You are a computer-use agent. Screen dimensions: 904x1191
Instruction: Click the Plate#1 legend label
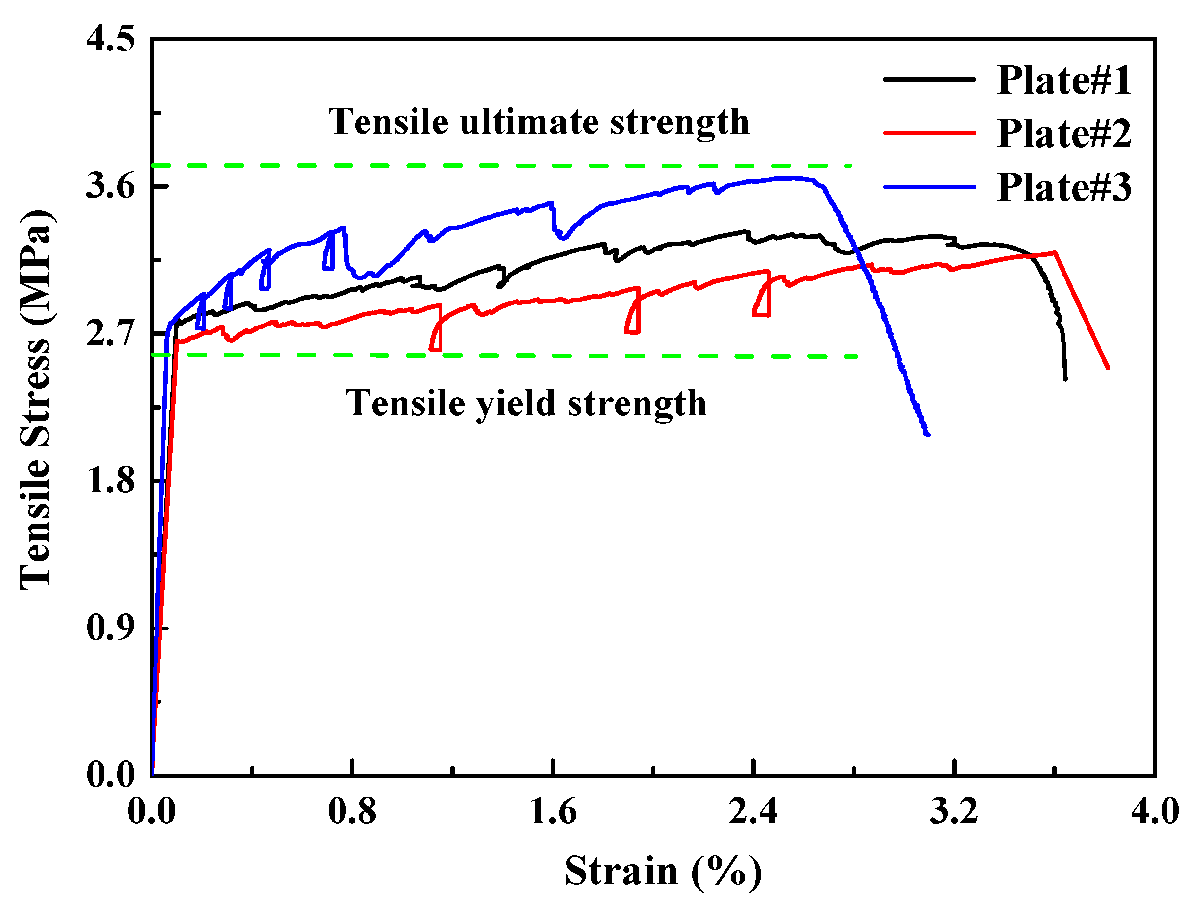point(1064,80)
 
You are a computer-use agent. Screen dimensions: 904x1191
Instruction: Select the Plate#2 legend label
point(1064,133)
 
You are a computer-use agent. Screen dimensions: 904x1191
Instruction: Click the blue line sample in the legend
point(930,187)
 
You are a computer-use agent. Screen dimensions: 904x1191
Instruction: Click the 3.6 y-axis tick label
point(110,186)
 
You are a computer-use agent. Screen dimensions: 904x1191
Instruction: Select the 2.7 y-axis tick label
point(110,334)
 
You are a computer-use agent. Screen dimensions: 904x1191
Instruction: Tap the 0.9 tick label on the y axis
point(110,628)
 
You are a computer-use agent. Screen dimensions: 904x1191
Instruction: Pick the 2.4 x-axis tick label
point(753,811)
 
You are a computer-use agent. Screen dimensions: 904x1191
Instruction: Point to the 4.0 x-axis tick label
point(1154,811)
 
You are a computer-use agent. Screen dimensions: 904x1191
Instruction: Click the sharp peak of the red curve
point(1054,252)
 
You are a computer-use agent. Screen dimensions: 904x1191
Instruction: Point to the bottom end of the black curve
point(1065,379)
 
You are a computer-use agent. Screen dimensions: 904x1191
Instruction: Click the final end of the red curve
point(1108,368)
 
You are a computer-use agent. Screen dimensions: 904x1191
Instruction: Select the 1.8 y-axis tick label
point(110,480)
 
